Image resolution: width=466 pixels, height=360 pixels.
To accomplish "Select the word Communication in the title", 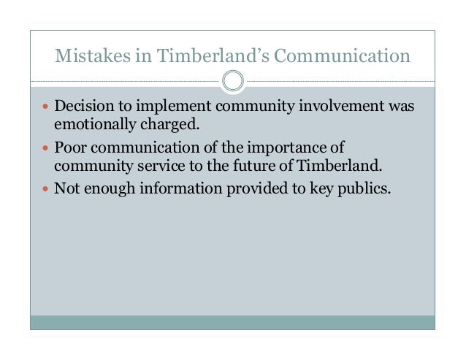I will coord(340,55).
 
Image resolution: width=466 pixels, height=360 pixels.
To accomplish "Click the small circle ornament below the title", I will coord(233,80).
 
